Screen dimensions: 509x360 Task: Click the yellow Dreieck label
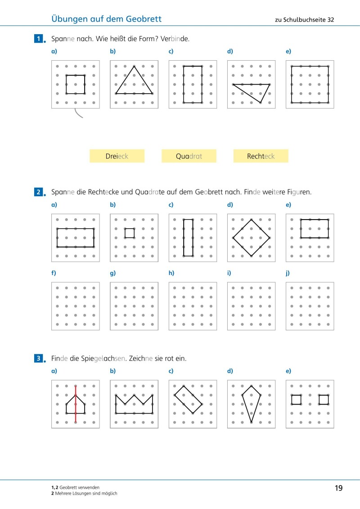[117, 156]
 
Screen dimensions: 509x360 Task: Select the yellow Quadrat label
[189, 156]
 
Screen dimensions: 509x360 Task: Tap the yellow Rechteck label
[261, 156]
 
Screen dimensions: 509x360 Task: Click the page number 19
[339, 488]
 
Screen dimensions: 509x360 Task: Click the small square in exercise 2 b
[130, 233]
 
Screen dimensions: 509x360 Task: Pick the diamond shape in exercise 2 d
[251, 238]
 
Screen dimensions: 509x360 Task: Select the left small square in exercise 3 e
[296, 400]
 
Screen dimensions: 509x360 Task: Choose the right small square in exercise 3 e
[324, 400]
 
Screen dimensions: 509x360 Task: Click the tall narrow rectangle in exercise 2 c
[188, 238]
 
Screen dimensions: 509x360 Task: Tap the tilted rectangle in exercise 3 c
[188, 400]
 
